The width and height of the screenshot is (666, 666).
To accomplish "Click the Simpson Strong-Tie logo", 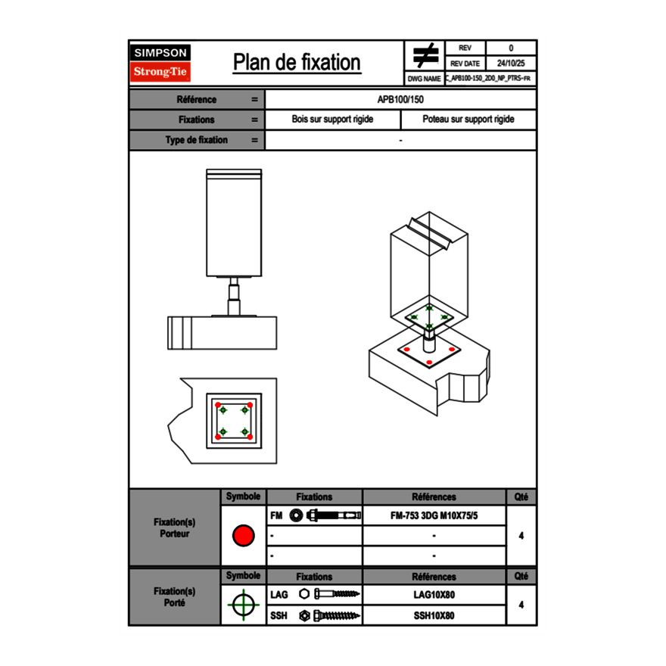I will pyautogui.click(x=161, y=63).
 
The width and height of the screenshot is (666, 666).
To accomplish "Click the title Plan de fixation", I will pyautogui.click(x=297, y=63).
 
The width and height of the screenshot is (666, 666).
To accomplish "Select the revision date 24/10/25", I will pyautogui.click(x=511, y=64).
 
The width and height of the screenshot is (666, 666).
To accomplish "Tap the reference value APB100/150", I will pyautogui.click(x=400, y=100).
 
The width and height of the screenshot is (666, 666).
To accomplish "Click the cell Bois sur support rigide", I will pyautogui.click(x=332, y=120).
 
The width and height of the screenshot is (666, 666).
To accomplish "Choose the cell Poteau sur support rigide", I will pyautogui.click(x=468, y=120).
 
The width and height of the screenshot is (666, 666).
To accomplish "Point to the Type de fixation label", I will pyautogui.click(x=196, y=140).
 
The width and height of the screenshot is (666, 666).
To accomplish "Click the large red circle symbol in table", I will pyautogui.click(x=243, y=536).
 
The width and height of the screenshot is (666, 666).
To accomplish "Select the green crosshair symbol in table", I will pyautogui.click(x=243, y=605).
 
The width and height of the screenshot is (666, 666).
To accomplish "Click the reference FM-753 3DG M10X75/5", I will pyautogui.click(x=434, y=516).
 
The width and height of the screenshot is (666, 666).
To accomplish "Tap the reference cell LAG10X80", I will pyautogui.click(x=434, y=595).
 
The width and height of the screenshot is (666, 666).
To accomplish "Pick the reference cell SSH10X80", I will pyautogui.click(x=434, y=615).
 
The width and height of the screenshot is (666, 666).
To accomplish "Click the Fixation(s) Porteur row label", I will pyautogui.click(x=174, y=528).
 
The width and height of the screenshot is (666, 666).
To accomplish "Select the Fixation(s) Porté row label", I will pyautogui.click(x=174, y=597).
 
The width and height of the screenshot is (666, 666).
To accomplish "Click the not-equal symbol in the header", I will pyautogui.click(x=425, y=56).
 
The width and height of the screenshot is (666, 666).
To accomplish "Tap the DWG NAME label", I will pyautogui.click(x=424, y=79).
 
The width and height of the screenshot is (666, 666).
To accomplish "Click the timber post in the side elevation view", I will pyautogui.click(x=234, y=223).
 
